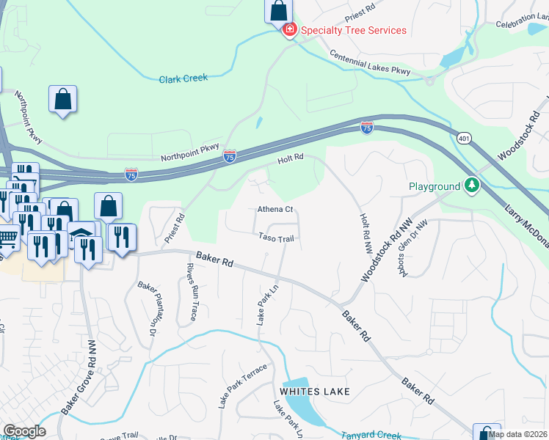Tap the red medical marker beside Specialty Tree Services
pos(289,30)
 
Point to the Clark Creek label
pos(183,78)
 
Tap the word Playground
pos(435,186)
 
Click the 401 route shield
pos(464,138)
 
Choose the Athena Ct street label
pos(275,209)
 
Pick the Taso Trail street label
pos(276,238)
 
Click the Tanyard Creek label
pos(371,435)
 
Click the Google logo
pos(24,430)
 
